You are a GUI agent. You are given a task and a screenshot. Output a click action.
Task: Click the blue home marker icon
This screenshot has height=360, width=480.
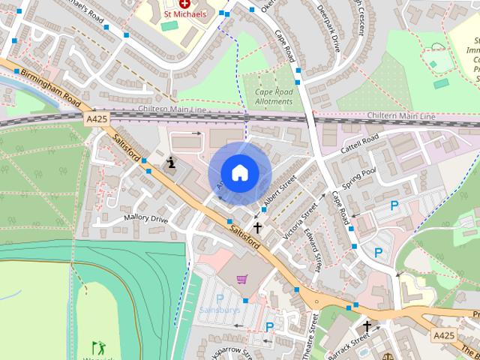(239, 172)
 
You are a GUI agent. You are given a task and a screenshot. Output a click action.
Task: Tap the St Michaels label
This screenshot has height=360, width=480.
(185, 13)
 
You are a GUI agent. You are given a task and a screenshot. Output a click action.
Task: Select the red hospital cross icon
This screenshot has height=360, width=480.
(184, 4)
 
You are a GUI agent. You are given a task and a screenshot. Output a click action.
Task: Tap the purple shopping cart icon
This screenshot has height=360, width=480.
(241, 279)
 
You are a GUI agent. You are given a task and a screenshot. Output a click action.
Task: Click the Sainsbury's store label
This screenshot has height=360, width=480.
(220, 309)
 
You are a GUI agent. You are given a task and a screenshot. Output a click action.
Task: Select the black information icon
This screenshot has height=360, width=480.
(172, 161)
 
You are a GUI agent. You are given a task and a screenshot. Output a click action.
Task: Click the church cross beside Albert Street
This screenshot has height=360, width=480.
(257, 226)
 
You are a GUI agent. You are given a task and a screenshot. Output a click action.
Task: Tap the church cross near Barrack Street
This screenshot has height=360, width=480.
(367, 326)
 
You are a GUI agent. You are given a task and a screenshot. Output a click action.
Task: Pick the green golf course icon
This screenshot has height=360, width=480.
(97, 347)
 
